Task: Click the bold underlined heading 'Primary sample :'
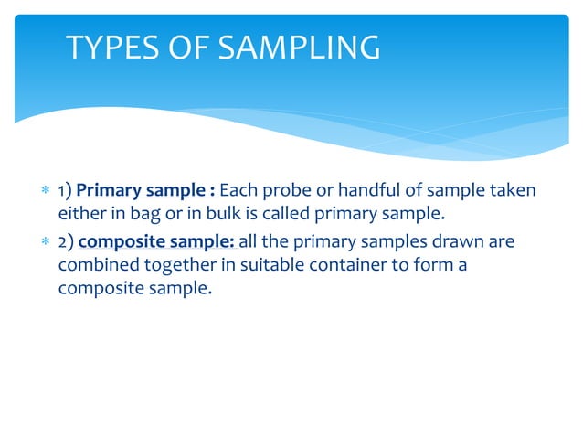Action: click(146, 191)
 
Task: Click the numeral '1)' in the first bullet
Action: click(65, 191)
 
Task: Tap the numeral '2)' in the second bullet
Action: click(66, 241)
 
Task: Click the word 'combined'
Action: click(96, 267)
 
